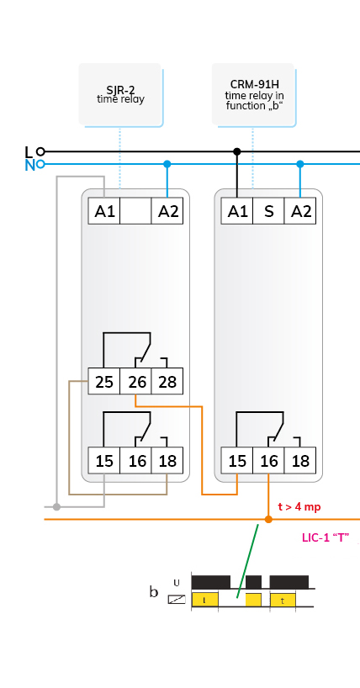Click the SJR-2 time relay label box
[119, 94]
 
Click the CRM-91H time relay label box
[253, 94]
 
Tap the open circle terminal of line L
[40, 152]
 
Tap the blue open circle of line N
[40, 164]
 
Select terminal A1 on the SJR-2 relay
[104, 211]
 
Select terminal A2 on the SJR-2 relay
[167, 211]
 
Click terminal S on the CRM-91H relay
[268, 211]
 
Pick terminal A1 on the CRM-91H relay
[237, 211]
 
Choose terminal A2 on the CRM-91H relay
[300, 211]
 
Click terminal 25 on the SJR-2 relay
[104, 381]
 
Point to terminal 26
[135, 381]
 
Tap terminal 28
[167, 381]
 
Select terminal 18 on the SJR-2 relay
[167, 460]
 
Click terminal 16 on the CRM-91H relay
[268, 460]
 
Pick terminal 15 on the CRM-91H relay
[237, 460]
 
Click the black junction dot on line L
[237, 152]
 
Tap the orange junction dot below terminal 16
[268, 520]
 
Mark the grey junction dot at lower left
[56, 507]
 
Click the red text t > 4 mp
[299, 507]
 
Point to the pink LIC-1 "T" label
[326, 537]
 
